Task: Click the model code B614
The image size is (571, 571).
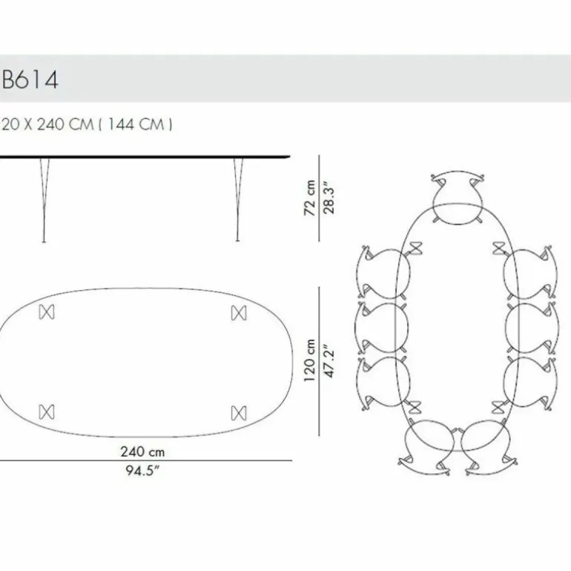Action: (x=30, y=79)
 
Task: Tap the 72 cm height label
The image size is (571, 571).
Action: (x=309, y=198)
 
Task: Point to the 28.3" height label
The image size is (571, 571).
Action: (x=329, y=198)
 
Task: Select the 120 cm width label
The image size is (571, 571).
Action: (x=309, y=360)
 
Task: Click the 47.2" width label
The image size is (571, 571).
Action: (x=329, y=360)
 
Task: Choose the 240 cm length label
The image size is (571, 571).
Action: (x=142, y=452)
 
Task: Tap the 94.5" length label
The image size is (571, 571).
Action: (x=142, y=470)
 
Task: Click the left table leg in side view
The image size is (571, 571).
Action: (x=44, y=200)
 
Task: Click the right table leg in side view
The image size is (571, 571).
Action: (x=238, y=200)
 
